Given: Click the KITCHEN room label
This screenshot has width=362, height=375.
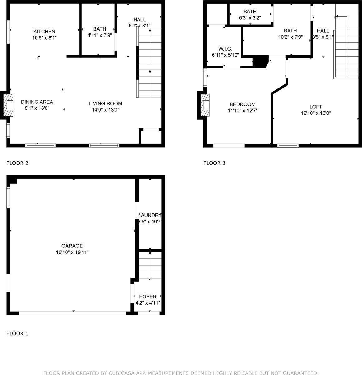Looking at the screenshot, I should coord(44,32).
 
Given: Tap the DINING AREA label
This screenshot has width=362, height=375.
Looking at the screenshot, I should coord(37,102).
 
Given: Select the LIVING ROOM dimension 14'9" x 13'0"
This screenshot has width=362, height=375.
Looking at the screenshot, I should coord(105,110).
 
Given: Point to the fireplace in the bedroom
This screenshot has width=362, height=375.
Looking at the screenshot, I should coord(205,105).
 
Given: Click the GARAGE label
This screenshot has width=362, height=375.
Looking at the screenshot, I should coord(72,246).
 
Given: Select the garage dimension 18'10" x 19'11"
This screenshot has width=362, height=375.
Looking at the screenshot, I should coord(72,252).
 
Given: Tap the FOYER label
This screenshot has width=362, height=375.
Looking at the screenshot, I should coord(148,297).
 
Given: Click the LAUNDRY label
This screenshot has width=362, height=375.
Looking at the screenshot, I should coord(150,215).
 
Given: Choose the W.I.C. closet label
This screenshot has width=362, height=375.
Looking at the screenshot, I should coord(225,49).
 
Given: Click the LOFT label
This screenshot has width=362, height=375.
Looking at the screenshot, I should coord(316,107).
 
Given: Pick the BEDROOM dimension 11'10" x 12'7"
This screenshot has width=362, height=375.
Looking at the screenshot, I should coord(242,110).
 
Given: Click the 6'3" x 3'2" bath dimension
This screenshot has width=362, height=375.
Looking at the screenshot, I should coord(250,18).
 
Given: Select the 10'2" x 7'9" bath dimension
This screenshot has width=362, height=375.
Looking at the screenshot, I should coord(290,37).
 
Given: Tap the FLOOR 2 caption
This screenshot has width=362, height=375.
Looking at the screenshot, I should coord(17,163).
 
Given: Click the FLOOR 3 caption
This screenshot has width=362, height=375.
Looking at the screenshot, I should coord(214,163).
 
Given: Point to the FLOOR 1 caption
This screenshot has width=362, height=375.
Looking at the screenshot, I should coord(17,333).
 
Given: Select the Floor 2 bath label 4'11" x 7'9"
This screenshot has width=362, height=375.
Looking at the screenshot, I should coord(99,35).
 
